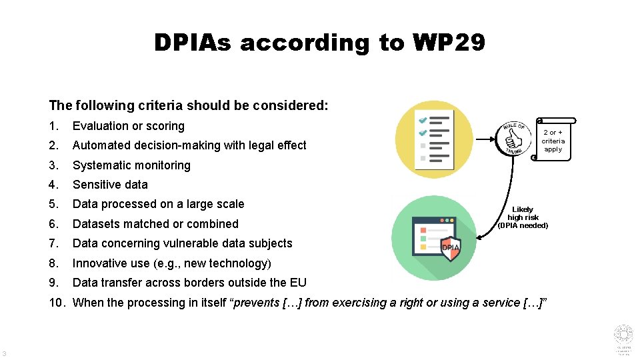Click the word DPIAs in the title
click(x=193, y=43)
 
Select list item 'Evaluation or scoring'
click(x=128, y=126)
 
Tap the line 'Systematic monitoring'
click(x=131, y=165)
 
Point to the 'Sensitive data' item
click(x=110, y=185)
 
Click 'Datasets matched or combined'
click(x=155, y=224)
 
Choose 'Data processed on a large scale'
click(x=158, y=204)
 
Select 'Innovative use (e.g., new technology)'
click(x=171, y=263)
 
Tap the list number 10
click(x=57, y=303)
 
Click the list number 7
click(x=53, y=243)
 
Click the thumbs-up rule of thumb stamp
click(x=515, y=139)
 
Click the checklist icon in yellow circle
click(x=434, y=139)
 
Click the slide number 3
click(x=5, y=353)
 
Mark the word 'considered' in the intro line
click(x=297, y=105)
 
